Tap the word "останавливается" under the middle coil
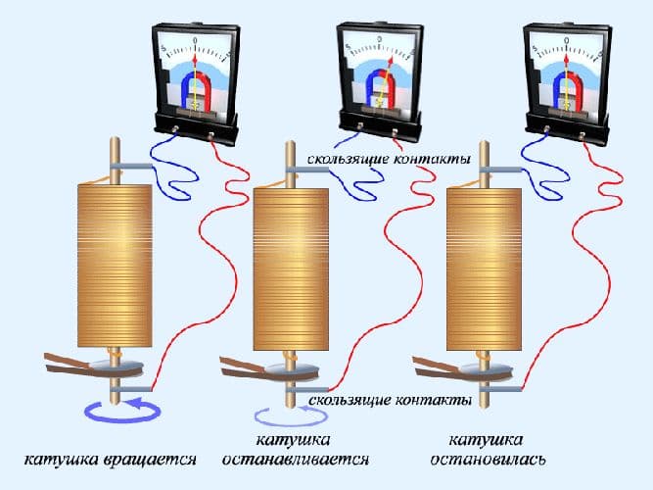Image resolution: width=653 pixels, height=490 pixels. point(296,460)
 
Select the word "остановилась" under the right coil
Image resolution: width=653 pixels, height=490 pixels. point(488,460)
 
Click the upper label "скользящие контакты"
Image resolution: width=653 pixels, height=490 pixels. point(389,160)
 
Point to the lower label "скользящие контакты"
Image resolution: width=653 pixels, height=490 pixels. point(391,401)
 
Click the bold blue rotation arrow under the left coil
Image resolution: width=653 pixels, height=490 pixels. point(122,411)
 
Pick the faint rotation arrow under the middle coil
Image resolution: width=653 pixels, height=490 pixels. point(291,416)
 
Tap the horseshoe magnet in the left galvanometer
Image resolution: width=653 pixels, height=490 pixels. point(196,89)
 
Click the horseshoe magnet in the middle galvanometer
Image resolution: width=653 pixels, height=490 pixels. point(380,87)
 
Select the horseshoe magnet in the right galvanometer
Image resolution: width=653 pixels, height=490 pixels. point(567,89)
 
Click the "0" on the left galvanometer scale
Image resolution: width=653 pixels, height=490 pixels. point(195,40)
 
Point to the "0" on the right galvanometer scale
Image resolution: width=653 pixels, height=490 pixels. point(567,40)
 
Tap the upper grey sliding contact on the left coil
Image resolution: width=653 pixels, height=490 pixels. point(131,167)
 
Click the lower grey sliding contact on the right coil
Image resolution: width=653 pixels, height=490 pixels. point(500,389)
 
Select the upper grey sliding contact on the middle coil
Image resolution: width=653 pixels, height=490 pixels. point(307,170)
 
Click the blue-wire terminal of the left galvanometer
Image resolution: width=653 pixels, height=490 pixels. point(176,129)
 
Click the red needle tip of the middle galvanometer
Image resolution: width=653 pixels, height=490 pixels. point(391,60)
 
